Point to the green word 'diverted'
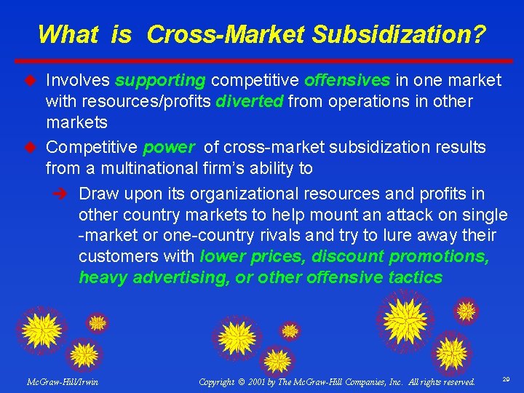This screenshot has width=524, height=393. point(249,101)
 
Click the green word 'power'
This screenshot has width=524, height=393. point(169,148)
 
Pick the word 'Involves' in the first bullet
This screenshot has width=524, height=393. point(78,79)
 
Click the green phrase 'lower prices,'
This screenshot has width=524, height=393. point(244,257)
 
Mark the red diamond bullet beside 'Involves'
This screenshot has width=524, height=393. point(31,79)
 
